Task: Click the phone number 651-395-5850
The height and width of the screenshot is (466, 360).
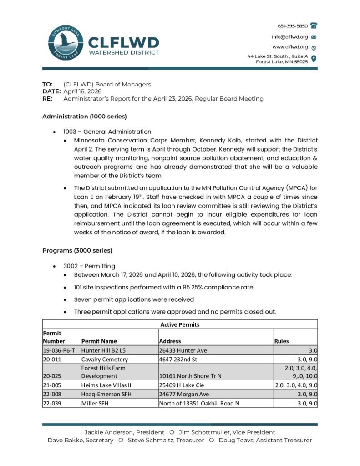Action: tap(293, 26)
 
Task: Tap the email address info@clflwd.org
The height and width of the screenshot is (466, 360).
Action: tap(290, 37)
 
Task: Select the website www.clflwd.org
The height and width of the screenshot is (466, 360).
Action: tap(290, 47)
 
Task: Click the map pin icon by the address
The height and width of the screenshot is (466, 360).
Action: tap(314, 58)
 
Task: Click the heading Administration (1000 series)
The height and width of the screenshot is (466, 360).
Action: tap(84, 116)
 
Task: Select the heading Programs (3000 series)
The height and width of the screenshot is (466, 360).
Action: tap(77, 251)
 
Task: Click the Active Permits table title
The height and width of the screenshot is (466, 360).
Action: tap(180, 324)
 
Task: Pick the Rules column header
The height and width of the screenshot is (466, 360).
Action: tap(281, 341)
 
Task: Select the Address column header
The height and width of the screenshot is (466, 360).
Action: tap(170, 341)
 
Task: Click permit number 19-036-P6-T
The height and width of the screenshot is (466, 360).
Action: tap(59, 350)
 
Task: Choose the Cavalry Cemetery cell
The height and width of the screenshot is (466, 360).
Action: tap(105, 360)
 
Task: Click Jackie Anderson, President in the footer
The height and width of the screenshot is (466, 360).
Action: tap(124, 432)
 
